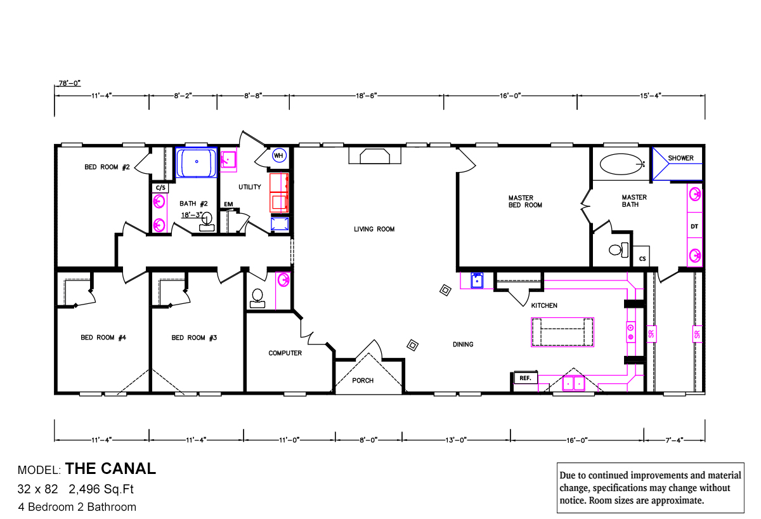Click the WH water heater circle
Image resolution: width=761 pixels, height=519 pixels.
pyautogui.click(x=278, y=155)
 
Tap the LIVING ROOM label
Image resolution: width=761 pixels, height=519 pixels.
pyautogui.click(x=374, y=229)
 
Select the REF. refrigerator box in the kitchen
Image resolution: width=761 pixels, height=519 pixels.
pyautogui.click(x=525, y=378)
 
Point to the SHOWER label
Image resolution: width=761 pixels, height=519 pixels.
pyautogui.click(x=680, y=158)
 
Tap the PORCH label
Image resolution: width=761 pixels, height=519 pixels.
pyautogui.click(x=363, y=381)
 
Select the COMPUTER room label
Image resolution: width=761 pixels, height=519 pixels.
pyautogui.click(x=285, y=353)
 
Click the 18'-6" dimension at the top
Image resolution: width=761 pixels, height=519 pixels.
pyautogui.click(x=367, y=95)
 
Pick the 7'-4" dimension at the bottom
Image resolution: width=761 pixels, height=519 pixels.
pyautogui.click(x=673, y=439)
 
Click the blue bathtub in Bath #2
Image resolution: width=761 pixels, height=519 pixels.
pyautogui.click(x=196, y=162)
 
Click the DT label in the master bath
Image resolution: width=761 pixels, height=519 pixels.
pyautogui.click(x=694, y=226)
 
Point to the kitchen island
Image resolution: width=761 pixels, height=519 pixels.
pyautogui.click(x=563, y=332)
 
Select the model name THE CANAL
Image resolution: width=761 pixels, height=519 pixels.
pyautogui.click(x=110, y=469)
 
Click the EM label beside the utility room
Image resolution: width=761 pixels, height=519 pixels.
pyautogui.click(x=228, y=204)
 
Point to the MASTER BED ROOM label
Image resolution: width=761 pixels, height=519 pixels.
pyautogui.click(x=524, y=201)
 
